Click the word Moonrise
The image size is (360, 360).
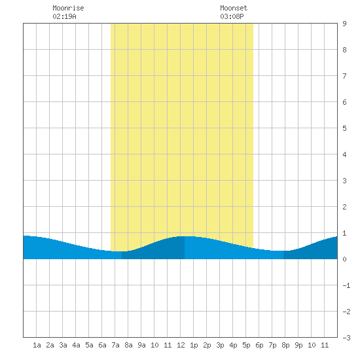[x=68, y=8]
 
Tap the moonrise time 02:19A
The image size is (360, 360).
[x=64, y=16]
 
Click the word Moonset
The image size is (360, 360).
[x=234, y=8]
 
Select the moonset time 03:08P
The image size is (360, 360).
[x=232, y=16]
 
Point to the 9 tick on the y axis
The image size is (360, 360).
[x=344, y=24]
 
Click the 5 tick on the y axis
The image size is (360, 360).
[x=344, y=128]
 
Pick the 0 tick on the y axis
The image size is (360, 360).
[x=344, y=259]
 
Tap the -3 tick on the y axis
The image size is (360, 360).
[x=346, y=338]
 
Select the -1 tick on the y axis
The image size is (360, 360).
[x=346, y=285]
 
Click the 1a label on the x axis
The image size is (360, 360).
[x=37, y=345]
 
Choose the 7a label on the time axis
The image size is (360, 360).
[x=115, y=345]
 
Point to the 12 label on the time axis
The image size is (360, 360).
[x=181, y=345]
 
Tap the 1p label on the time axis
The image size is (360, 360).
[x=194, y=345]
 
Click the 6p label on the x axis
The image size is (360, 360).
[x=259, y=345]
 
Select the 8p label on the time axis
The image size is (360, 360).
[x=285, y=345]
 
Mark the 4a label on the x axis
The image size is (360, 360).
[x=76, y=345]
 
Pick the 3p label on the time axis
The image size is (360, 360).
[x=220, y=345]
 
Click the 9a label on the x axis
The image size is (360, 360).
[x=141, y=345]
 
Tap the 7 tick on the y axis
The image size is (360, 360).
[x=344, y=76]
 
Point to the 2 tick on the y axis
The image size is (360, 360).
[x=344, y=207]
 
